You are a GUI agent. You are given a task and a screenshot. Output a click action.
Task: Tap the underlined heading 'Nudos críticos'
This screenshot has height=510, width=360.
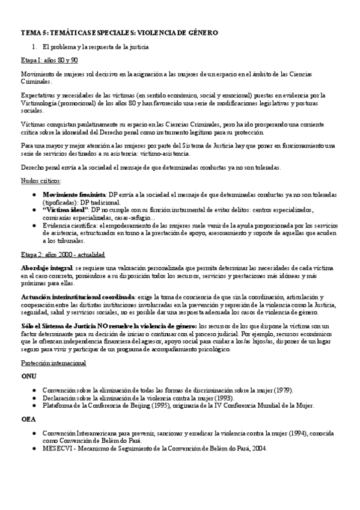[x=40, y=180]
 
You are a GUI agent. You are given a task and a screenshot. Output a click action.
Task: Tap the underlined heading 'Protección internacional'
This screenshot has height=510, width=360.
[x=53, y=363]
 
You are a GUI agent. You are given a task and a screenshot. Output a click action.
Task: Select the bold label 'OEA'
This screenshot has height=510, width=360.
[x=28, y=420]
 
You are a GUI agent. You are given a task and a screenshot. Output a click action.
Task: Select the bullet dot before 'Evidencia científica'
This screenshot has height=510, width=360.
[x=36, y=224]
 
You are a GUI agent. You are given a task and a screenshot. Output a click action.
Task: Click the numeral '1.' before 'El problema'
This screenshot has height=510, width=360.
[x=34, y=46]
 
